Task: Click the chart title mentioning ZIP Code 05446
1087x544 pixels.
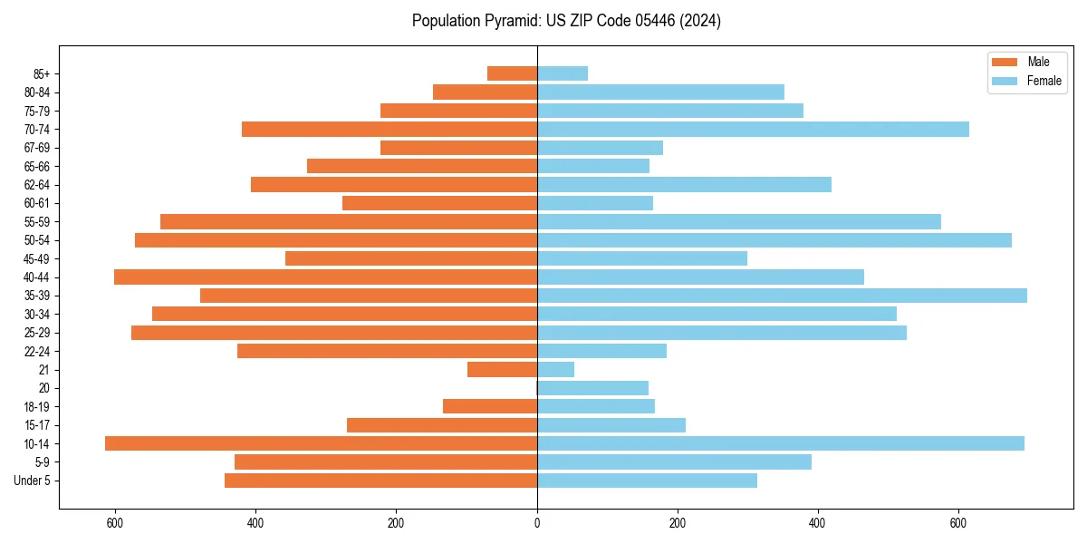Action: point(566,21)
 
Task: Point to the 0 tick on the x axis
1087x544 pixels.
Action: point(537,523)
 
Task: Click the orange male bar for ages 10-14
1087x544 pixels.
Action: point(321,443)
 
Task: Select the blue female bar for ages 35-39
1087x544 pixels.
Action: point(782,296)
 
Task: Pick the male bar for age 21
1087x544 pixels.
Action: point(502,370)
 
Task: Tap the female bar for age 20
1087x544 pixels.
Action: point(592,388)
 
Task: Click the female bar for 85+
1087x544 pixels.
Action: point(563,73)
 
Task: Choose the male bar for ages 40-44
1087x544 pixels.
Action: point(325,277)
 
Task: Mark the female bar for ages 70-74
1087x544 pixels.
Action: point(753,130)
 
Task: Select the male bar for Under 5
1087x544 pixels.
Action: point(380,481)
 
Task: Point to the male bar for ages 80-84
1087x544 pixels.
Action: point(485,92)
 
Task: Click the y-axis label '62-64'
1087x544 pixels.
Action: point(37,185)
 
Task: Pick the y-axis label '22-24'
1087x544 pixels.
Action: point(37,351)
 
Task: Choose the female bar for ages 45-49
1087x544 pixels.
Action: point(642,258)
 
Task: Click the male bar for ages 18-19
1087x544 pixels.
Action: point(490,406)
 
